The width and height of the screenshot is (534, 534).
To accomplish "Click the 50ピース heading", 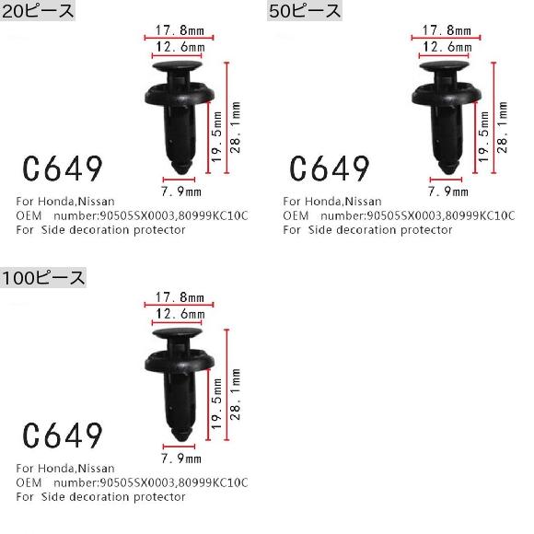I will [x=305, y=12].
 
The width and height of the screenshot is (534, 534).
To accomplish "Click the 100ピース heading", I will [x=43, y=277].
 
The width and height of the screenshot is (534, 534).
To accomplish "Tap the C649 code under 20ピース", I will [x=62, y=168].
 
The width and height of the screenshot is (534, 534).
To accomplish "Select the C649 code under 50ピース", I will [x=329, y=168].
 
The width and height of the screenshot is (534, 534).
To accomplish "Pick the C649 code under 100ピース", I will [x=62, y=435].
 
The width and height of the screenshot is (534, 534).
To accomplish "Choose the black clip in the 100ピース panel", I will [x=180, y=374].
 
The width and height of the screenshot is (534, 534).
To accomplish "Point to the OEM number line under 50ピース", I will [x=399, y=215].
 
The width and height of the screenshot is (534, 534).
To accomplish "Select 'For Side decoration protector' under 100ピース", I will [x=101, y=496].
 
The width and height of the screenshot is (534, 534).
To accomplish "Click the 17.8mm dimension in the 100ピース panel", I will [x=179, y=297].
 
